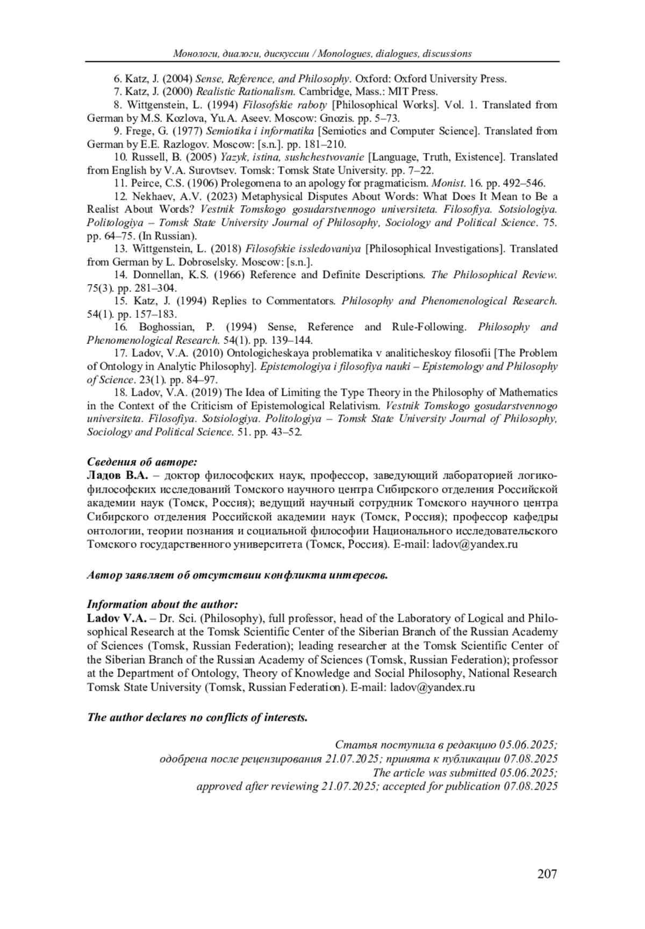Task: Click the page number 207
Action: (547, 874)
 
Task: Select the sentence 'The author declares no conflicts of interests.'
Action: (197, 717)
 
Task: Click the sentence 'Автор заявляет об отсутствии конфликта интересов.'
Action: (237, 575)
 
